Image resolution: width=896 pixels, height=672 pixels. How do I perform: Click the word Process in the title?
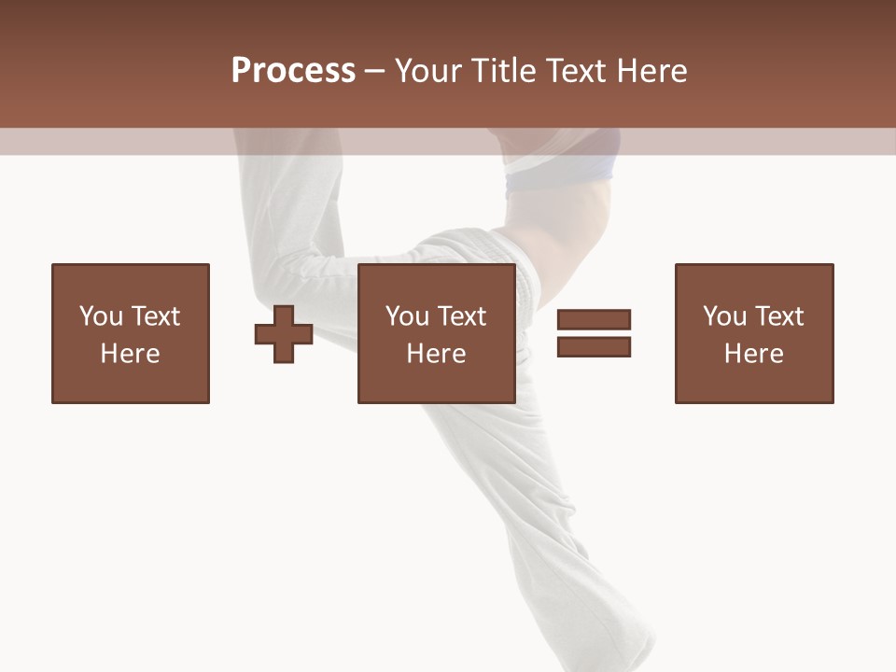293,71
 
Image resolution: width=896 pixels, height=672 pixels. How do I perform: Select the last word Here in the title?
651,71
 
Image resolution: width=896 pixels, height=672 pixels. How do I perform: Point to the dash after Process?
374,72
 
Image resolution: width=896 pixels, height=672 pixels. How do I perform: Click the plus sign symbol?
284,334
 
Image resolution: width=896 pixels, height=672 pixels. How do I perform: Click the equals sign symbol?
594,333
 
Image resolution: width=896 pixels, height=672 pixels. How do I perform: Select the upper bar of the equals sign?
594,320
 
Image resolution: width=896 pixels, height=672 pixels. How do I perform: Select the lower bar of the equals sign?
594,346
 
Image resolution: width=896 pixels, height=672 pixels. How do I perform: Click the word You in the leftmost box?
100,316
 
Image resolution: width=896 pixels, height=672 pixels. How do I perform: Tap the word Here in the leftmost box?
131,354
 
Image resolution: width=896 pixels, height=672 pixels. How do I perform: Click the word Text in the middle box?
462,316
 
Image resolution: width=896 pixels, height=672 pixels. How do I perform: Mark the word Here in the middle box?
437,354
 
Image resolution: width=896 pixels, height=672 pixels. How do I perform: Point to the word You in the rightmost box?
724,316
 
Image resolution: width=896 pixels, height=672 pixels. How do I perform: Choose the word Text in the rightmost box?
779,316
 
